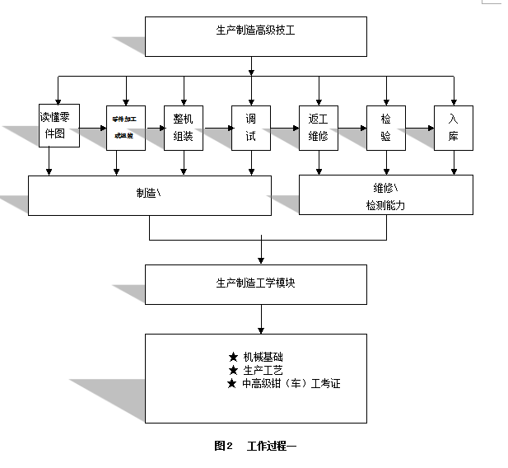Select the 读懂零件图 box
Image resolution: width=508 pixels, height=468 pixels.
coord(59,125)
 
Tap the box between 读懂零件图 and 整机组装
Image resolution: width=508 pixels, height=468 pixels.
coord(126,128)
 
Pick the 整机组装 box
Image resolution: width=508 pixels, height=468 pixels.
coord(184,128)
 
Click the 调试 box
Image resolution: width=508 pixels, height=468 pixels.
coord(250,128)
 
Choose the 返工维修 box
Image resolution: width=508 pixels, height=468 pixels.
coord(318,128)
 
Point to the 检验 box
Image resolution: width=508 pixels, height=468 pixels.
coord(385,128)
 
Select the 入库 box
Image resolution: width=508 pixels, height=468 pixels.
coord(453,128)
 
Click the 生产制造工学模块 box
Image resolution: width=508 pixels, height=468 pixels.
coord(255,283)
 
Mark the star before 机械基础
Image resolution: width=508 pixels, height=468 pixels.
coord(233,357)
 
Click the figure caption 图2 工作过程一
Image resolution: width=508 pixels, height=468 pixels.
coord(254,446)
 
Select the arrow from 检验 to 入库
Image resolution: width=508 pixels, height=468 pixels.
coord(419,128)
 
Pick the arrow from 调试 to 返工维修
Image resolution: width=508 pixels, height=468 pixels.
coord(284,128)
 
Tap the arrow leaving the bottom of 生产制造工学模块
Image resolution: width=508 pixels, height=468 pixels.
coord(262,318)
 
